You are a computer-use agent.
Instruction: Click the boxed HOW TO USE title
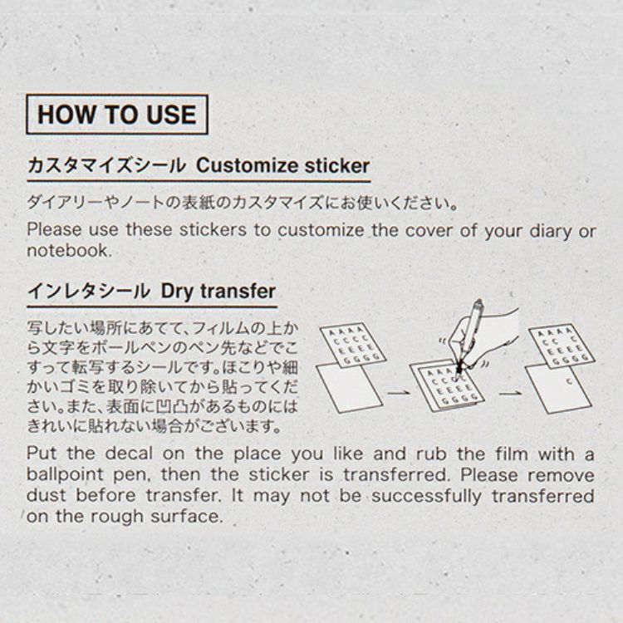click(117, 115)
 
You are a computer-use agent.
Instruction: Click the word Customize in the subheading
click(247, 165)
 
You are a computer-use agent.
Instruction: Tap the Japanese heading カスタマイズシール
click(107, 165)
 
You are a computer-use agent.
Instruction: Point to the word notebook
click(70, 251)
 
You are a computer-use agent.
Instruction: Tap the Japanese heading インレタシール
click(89, 292)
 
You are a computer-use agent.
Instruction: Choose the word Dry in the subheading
click(178, 292)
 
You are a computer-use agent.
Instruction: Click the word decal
click(129, 454)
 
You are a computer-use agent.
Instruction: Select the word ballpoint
click(66, 474)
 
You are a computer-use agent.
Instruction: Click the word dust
click(47, 495)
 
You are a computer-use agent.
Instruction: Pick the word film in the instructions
click(511, 454)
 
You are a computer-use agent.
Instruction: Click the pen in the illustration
click(469, 335)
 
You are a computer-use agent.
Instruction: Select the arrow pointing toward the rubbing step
click(398, 393)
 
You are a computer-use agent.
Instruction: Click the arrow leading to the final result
click(511, 394)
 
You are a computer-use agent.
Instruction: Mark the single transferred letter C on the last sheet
click(569, 381)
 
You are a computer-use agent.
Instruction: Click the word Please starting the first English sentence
click(54, 230)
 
